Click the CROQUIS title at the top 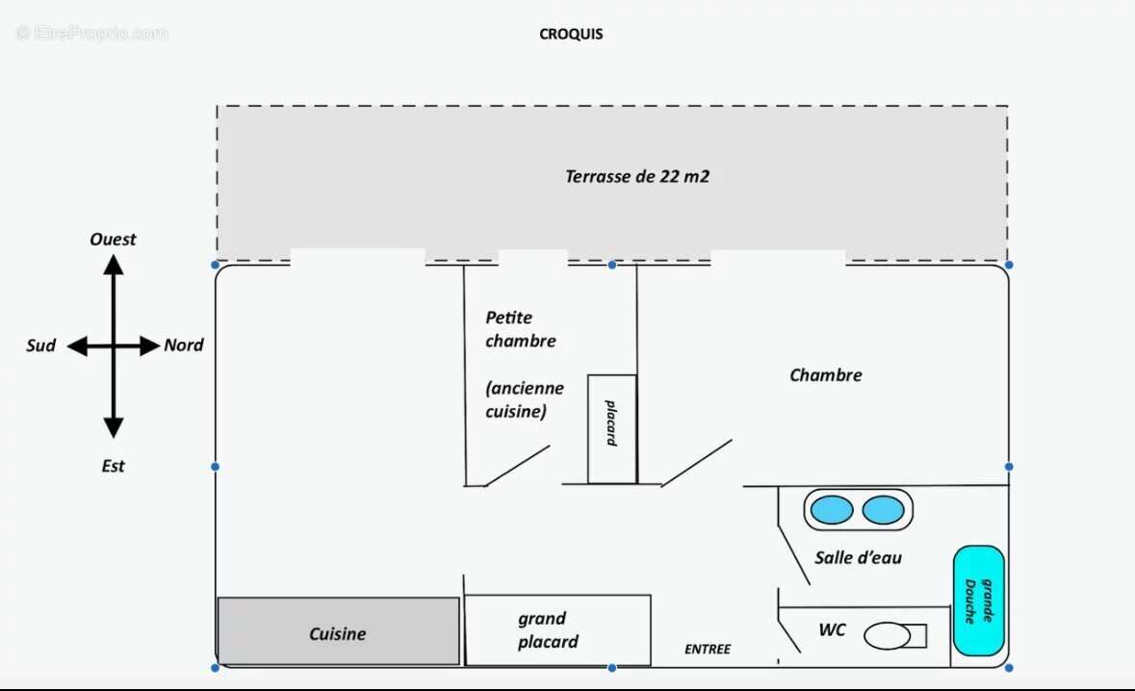pos(571,34)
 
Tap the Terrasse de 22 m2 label pos(637,176)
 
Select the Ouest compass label pos(114,239)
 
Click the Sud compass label pos(40,345)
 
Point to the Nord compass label pos(184,345)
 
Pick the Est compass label pos(114,466)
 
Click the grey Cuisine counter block pos(338,631)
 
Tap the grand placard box pos(557,630)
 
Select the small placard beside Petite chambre pos(611,429)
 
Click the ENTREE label pos(708,650)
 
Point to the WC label pos(832,630)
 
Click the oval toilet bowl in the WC pos(888,636)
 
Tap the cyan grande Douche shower pos(978,601)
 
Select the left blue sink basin pos(832,509)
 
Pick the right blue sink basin pos(883,509)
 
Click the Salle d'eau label pos(858,557)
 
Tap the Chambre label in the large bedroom pos(826,375)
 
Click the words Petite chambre pos(521,329)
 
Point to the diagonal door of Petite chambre pos(516,466)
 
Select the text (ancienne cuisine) pos(525,399)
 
